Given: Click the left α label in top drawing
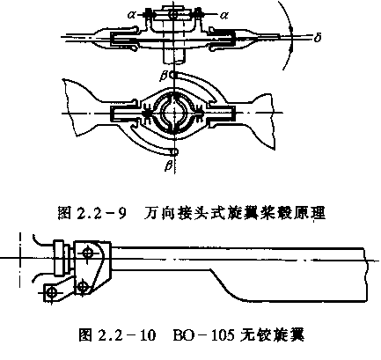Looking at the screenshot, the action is coord(132,14).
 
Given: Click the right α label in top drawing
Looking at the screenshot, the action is coord(223,15).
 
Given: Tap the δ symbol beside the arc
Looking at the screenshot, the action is coord(318,38).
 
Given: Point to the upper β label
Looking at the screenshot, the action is coord(164,76).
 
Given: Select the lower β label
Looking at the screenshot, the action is coord(168,165).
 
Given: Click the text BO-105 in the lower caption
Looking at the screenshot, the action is coord(204,334).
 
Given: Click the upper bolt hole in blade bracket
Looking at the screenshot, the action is coord(87,253).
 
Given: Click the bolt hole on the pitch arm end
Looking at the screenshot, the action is coord(52,292).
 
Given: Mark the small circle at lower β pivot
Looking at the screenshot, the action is coord(174,151).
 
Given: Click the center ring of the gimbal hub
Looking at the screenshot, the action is coord(174,113).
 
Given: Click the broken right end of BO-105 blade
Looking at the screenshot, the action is coord(365,275).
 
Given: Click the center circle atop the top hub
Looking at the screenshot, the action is coord(173,14).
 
